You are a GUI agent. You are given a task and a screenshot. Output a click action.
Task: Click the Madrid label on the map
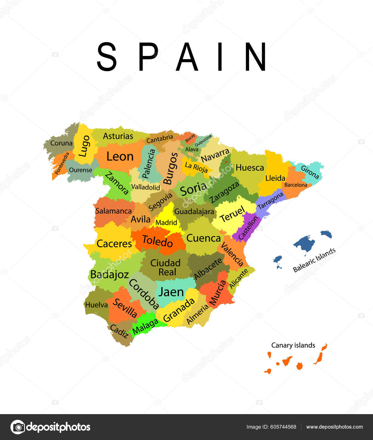[x=166, y=222]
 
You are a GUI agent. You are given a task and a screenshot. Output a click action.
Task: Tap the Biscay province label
[x=190, y=138]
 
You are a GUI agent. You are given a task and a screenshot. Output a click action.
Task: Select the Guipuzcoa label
[x=203, y=141]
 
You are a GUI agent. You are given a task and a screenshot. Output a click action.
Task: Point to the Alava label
[x=192, y=149]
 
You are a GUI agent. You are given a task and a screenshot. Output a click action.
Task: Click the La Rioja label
[x=196, y=167]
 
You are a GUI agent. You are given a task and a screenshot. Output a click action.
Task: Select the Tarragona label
[x=270, y=201]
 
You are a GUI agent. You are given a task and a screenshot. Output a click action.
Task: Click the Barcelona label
[x=295, y=185]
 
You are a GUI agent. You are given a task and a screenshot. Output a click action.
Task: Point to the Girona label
[x=310, y=172]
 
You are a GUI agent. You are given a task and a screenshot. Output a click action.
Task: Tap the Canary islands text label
[x=293, y=345]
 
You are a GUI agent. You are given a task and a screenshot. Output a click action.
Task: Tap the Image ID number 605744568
[x=283, y=427]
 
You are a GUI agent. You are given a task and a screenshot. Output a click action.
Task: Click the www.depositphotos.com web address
[x=334, y=427]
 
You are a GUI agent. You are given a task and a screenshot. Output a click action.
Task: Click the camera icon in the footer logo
[x=18, y=427]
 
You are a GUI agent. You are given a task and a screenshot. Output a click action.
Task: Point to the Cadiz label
[x=119, y=331]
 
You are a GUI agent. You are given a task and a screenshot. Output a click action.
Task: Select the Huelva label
[x=96, y=305]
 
